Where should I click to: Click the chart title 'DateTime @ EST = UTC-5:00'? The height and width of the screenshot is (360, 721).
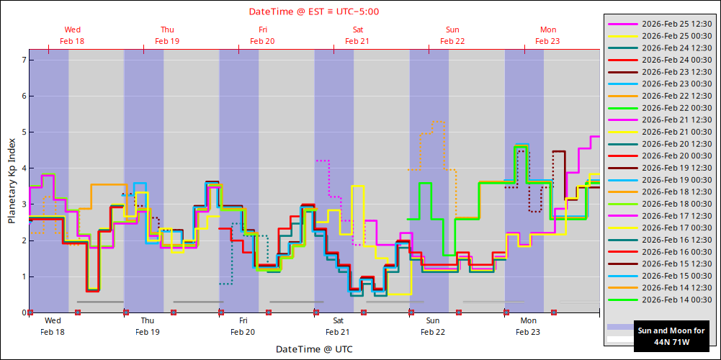(x=314, y=12)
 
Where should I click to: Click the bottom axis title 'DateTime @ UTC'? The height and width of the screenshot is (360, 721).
(x=314, y=349)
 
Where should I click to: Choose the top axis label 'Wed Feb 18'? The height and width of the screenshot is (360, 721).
(x=72, y=35)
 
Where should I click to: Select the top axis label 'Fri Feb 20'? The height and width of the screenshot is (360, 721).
(x=262, y=35)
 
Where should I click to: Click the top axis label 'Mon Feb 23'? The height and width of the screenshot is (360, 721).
(x=548, y=35)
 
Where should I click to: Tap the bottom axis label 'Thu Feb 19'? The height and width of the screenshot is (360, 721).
(x=147, y=326)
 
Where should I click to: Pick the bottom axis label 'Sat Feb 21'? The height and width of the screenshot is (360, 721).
(x=338, y=326)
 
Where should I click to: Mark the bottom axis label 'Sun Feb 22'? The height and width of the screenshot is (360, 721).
(x=433, y=326)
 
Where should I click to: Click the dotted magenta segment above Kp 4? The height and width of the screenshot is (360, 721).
(x=322, y=161)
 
